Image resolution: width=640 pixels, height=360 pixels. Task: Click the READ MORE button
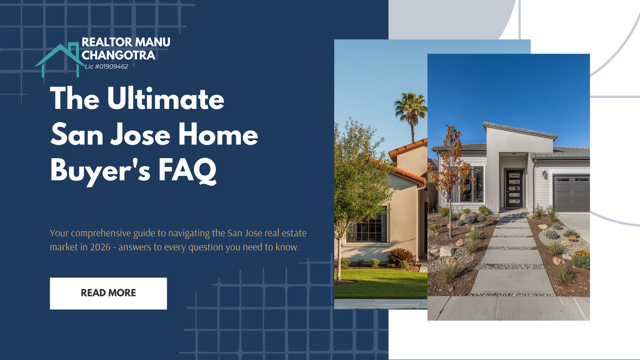[x=108, y=293]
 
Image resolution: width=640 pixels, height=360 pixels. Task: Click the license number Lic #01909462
[x=106, y=67]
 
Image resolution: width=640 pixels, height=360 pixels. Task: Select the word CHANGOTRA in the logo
[x=118, y=55]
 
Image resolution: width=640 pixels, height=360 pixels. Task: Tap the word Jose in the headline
[x=140, y=135]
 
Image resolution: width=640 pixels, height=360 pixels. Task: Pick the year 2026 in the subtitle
[x=100, y=247]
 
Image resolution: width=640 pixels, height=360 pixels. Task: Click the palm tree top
[x=411, y=106]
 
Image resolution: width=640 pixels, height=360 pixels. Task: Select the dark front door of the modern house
[x=514, y=189]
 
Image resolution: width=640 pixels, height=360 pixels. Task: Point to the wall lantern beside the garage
[x=545, y=173]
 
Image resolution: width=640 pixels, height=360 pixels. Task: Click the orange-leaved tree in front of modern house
[x=451, y=160]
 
